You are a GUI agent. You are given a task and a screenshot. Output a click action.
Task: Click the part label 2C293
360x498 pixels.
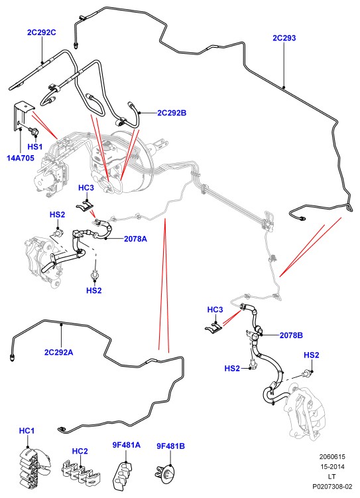[284, 38]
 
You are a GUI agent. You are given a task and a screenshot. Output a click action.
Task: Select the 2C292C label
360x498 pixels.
[42, 32]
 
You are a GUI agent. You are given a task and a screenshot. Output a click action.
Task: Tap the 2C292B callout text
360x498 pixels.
[172, 113]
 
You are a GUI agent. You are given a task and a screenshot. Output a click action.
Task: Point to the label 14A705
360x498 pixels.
[21, 158]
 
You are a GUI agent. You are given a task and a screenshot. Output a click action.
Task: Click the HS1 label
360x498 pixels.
[35, 147]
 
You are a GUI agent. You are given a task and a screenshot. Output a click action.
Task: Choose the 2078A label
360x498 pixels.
[135, 239]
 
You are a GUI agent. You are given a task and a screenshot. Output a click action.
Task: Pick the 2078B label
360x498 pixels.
[291, 335]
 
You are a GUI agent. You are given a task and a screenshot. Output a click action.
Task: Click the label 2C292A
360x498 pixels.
[59, 352]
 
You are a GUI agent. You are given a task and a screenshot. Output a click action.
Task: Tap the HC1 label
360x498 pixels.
[27, 431]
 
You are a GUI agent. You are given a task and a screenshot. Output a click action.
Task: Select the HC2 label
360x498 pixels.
[80, 452]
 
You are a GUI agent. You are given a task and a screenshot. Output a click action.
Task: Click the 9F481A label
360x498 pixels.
[127, 445]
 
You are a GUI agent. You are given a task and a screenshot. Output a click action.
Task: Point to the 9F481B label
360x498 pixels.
[170, 446]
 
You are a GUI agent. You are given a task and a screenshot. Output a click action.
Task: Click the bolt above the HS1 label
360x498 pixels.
[34, 130]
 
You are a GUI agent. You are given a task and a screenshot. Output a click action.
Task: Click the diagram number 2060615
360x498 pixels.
[332, 457]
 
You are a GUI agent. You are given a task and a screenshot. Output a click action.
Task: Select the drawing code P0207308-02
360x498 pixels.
[332, 486]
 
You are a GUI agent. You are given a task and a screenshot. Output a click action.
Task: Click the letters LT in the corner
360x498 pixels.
[332, 476]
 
